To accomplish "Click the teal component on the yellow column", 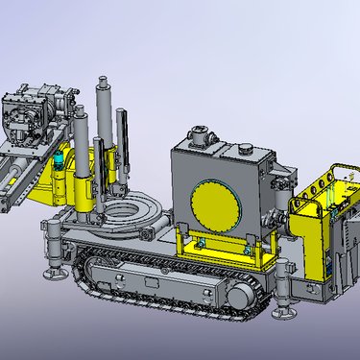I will click(60, 162).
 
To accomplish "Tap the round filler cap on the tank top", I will click(245, 151).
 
